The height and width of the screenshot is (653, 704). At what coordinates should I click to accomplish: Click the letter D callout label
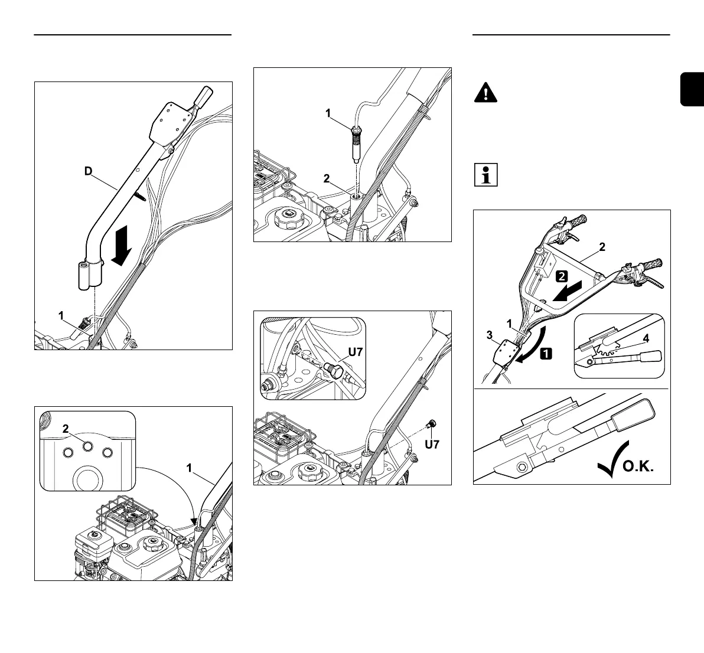coord(88,172)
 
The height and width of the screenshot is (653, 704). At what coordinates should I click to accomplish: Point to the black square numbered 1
coord(546,354)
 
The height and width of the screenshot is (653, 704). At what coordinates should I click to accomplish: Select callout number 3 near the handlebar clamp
coord(489,335)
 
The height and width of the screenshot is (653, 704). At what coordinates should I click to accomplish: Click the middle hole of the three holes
coord(87,447)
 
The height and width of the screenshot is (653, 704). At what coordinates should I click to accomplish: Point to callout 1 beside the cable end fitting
coord(328,114)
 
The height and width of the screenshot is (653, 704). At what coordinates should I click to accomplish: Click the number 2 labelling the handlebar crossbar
coord(602,247)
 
